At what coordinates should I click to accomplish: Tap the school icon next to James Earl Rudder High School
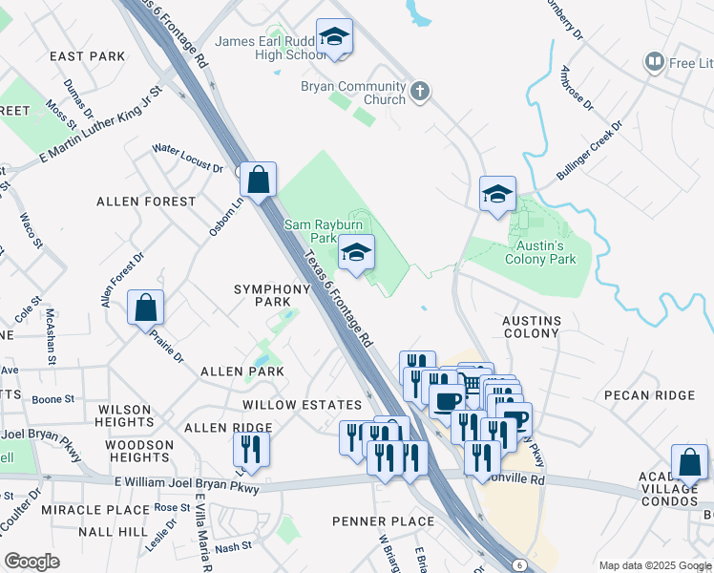[x=334, y=37]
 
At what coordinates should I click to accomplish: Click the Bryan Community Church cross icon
[x=420, y=93]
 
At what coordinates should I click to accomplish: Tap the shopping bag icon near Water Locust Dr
[x=258, y=179]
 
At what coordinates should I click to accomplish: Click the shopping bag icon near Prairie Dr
[x=145, y=308]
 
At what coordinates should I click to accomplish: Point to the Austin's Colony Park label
[x=540, y=252]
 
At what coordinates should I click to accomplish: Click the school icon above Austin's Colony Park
[x=497, y=194]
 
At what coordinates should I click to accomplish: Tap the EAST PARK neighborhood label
[x=88, y=56]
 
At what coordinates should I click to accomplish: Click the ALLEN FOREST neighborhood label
[x=146, y=202]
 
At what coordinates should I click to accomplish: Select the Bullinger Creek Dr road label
[x=589, y=151]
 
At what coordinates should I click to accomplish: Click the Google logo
[x=32, y=562]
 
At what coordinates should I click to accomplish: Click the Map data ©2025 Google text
[x=654, y=564]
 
